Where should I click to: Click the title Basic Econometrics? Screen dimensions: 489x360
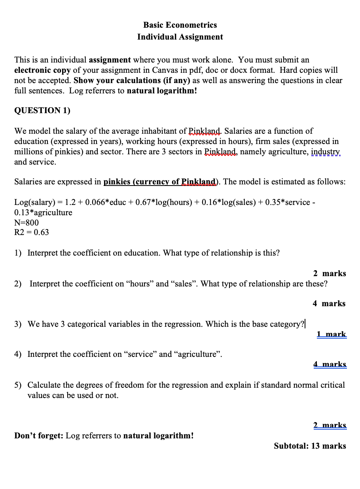point(180,25)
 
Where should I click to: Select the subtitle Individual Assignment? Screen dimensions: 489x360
point(180,37)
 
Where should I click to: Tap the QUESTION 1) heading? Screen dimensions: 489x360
point(42,110)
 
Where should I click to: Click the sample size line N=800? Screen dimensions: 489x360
point(27,222)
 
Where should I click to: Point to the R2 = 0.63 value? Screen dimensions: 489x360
point(32,232)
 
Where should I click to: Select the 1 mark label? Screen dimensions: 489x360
point(332,334)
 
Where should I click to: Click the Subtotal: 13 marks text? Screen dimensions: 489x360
point(310,446)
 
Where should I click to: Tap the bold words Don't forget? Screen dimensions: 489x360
point(39,436)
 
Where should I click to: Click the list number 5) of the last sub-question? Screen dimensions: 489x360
point(18,385)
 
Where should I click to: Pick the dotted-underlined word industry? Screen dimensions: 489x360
point(326,152)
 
